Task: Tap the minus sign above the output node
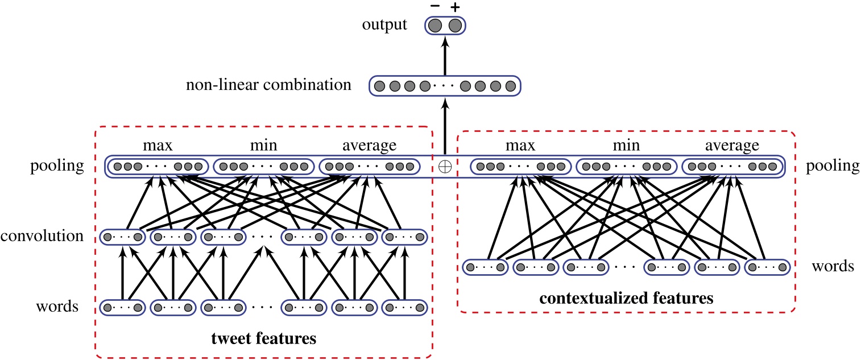[436, 6]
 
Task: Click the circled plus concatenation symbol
[445, 167]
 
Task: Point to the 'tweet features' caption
[263, 340]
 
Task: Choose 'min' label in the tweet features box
[263, 146]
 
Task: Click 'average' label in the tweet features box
[369, 146]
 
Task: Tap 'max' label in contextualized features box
[521, 146]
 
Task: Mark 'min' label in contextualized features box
[626, 146]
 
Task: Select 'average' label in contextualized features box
[732, 146]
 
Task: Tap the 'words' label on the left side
[57, 308]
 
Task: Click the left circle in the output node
[436, 26]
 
